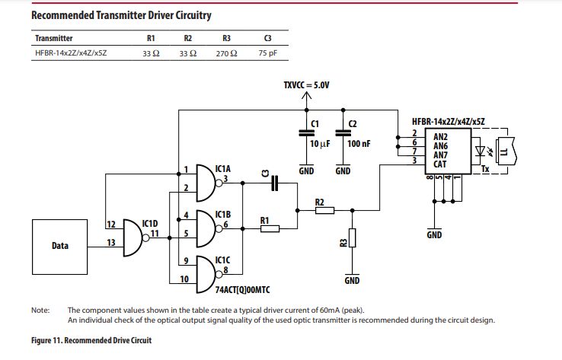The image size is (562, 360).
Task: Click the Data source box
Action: tap(60, 247)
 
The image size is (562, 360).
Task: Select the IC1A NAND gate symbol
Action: tap(205, 180)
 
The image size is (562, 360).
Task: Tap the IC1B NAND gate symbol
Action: tap(205, 226)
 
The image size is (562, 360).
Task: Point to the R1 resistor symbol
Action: tap(270, 228)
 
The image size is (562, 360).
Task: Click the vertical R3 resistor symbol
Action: tap(352, 240)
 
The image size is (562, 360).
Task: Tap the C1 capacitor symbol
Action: tap(306, 133)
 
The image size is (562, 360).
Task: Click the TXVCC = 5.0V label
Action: tap(306, 85)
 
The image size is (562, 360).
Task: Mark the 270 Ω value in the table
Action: tap(226, 53)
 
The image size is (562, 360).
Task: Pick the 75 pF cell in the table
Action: tap(267, 53)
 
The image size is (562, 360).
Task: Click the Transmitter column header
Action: tap(54, 38)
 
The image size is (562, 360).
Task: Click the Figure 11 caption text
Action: tap(91, 339)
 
